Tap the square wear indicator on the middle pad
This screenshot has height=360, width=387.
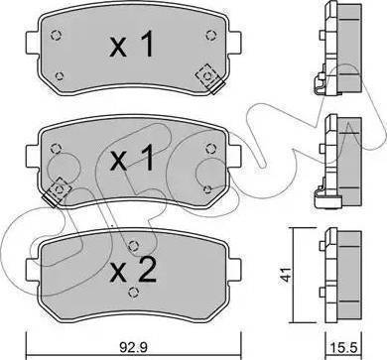click(x=61, y=186)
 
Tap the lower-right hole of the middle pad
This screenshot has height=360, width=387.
click(x=204, y=186)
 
